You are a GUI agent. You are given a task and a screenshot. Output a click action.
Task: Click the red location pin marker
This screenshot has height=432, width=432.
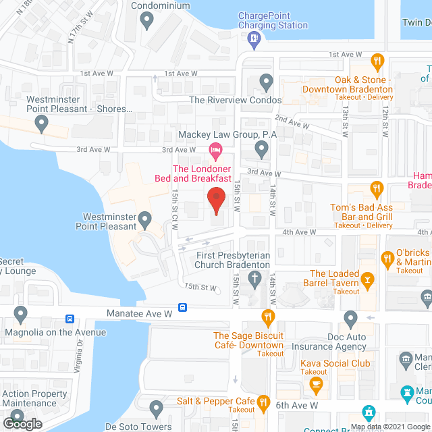[215, 199]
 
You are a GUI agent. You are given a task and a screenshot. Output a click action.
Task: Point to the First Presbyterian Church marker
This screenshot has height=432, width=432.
[254, 281]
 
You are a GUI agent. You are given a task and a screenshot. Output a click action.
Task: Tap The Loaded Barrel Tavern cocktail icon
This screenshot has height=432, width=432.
[368, 278]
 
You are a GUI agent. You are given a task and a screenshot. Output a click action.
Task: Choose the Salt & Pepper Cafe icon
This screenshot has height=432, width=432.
[264, 402]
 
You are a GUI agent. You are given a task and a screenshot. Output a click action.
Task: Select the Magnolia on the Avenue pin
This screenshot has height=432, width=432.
[20, 314]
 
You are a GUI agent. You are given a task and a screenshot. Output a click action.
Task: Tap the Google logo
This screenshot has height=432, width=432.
[22, 423]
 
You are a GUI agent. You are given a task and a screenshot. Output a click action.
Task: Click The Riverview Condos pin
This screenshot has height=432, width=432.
[267, 82]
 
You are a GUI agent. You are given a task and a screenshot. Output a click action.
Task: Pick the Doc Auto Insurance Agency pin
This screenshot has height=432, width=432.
[350, 317]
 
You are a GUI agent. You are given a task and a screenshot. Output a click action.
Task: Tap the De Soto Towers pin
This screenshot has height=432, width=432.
[157, 408]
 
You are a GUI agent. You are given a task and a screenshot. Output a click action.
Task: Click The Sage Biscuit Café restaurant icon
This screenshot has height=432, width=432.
[268, 316]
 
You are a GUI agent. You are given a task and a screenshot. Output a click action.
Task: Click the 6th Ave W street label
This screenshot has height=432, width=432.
[297, 405]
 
